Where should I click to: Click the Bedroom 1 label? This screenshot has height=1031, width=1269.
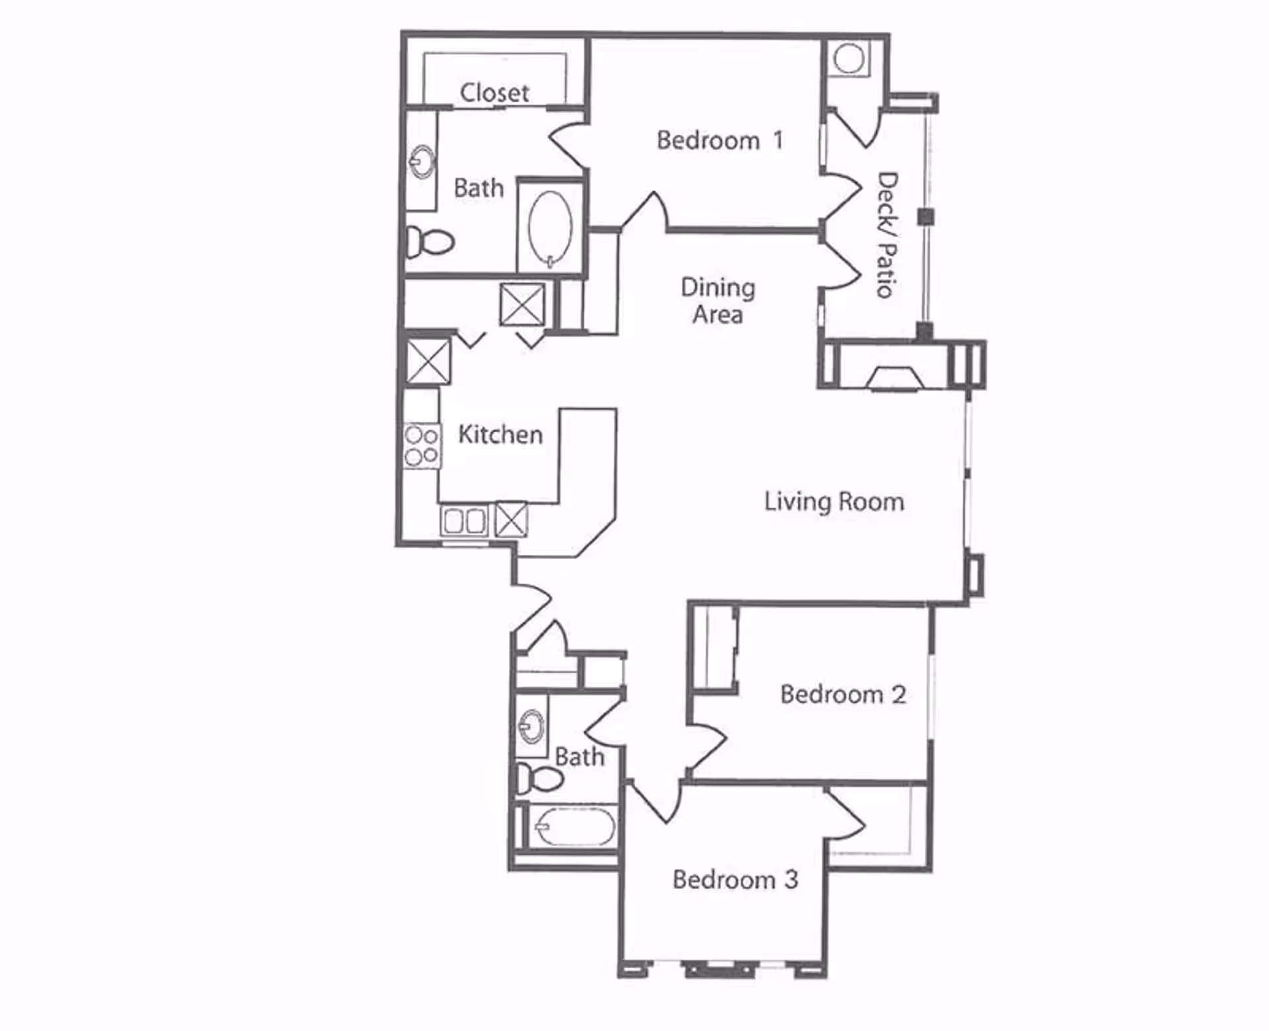pos(720,140)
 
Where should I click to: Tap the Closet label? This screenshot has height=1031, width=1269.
pos(494,93)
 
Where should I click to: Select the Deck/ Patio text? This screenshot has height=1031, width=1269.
pos(887,235)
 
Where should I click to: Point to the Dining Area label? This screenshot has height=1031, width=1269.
pos(718,301)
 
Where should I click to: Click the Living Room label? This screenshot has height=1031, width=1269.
pos(834,502)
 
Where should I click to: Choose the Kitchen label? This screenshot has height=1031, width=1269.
pos(500,434)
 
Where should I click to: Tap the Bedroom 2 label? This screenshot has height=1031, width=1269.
pos(843,694)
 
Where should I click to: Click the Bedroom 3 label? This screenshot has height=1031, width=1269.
pos(735,879)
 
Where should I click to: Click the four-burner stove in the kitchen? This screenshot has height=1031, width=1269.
pos(422,446)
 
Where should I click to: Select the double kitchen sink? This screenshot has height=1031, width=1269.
pos(464,521)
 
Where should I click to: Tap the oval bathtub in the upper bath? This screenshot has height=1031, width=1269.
pos(550,226)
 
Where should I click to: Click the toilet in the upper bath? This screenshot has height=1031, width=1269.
pos(430,241)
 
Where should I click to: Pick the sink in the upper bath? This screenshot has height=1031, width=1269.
pos(422,161)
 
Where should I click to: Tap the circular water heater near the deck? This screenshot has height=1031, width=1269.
pos(849,58)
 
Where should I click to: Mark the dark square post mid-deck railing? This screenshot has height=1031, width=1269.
pos(926,216)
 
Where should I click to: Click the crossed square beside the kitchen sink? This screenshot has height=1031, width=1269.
pos(511,519)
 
